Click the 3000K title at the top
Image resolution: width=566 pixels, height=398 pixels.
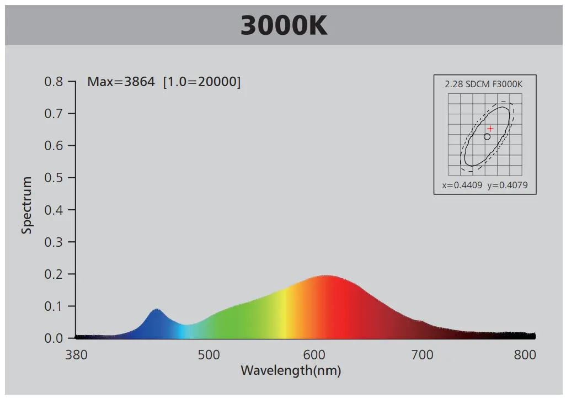284,25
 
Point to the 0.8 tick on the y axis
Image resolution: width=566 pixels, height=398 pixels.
54,82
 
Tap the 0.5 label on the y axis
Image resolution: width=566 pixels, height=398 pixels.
54,178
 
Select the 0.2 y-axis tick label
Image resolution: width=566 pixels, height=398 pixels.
54,274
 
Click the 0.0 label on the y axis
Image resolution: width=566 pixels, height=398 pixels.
54,338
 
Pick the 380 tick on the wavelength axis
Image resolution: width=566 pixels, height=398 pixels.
76,355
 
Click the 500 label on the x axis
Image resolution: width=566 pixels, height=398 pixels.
209,355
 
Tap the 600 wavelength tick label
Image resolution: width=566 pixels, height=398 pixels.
316,355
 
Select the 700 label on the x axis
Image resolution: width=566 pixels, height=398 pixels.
423,355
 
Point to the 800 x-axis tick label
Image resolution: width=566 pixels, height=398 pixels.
525,355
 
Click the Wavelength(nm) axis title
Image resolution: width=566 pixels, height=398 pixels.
291,370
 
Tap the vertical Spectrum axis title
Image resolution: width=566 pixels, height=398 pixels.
27,205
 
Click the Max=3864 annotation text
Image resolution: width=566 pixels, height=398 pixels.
121,82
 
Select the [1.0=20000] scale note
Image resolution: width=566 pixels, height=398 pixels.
202,82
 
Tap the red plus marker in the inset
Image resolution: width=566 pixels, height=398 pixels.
490,129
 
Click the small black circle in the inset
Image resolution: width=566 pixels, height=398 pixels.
487,136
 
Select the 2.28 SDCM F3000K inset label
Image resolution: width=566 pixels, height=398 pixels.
484,84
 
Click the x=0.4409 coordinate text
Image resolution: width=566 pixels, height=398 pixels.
462,185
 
